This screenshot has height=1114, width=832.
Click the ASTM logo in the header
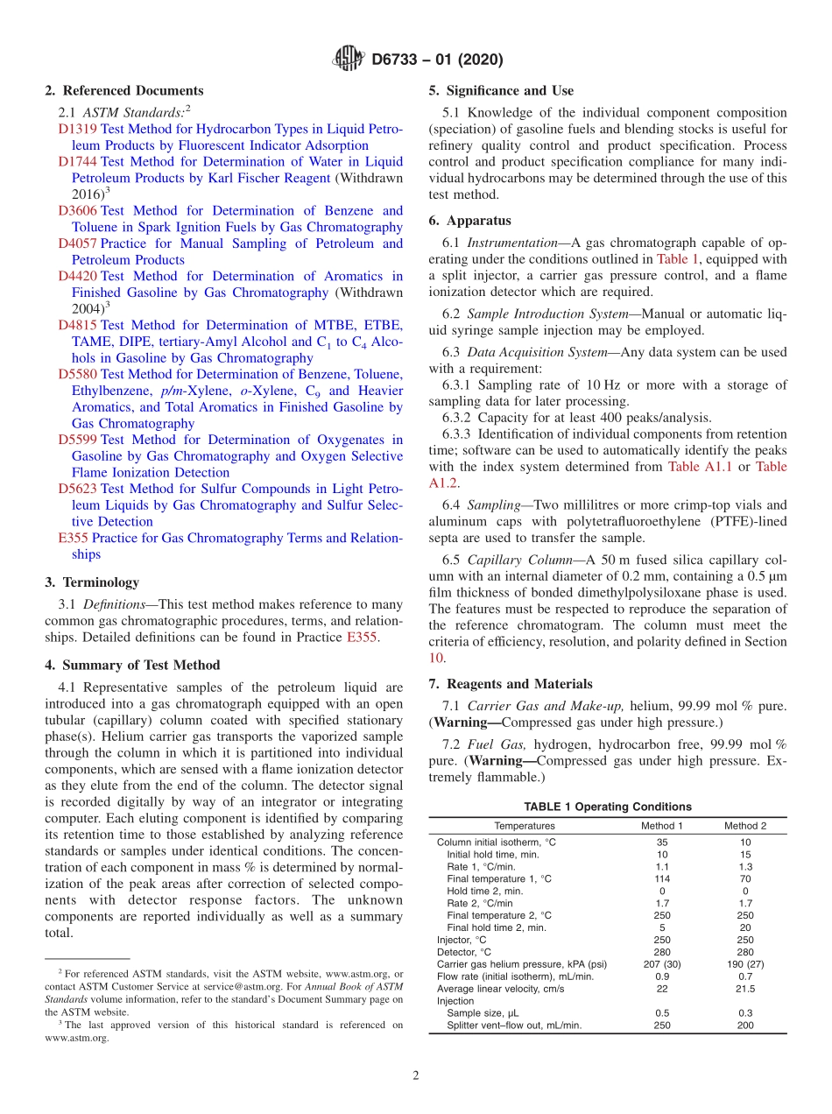(x=349, y=60)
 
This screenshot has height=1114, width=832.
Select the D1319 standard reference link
(x=78, y=129)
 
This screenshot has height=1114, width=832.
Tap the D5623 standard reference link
(x=78, y=489)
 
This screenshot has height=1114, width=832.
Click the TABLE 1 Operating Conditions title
(x=607, y=807)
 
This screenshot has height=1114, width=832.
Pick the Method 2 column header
(x=744, y=826)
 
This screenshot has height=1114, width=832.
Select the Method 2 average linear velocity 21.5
(x=744, y=989)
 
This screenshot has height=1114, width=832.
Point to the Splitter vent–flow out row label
(x=513, y=1026)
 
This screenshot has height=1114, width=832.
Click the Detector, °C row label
(x=464, y=952)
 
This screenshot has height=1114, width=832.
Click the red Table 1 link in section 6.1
(x=677, y=259)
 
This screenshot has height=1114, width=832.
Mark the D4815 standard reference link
(x=78, y=325)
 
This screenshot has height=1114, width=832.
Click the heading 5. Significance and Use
(x=502, y=90)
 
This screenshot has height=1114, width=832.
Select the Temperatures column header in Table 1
(x=524, y=826)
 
